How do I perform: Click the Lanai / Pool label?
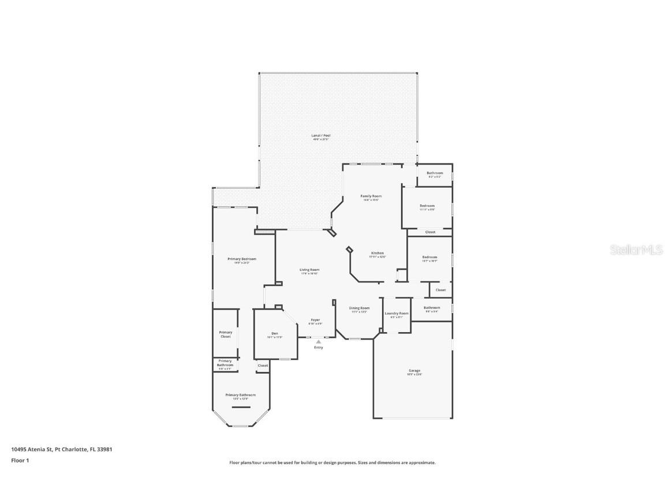point(321,136)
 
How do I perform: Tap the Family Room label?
point(371,196)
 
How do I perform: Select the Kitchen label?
point(377,253)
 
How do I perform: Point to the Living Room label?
point(309,270)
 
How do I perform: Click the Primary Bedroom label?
point(241,259)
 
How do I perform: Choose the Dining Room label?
point(359,308)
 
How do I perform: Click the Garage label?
point(414,371)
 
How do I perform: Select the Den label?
point(275,333)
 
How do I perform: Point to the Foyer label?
point(315,320)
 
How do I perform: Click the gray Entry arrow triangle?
point(318,341)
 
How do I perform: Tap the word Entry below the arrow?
point(318,347)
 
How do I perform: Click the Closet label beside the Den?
point(263,365)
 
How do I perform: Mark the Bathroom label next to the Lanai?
point(435,173)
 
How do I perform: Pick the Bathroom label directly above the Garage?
point(432,308)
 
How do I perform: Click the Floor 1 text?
point(20,460)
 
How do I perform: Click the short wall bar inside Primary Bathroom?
point(241,407)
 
